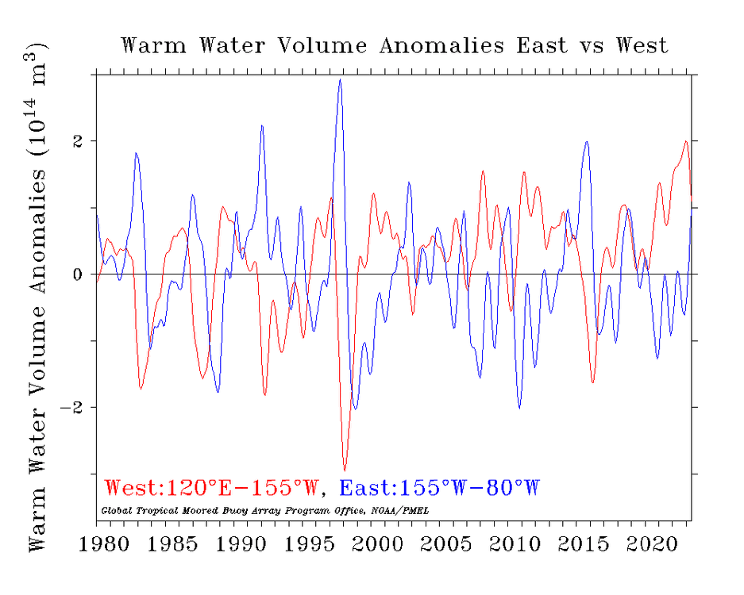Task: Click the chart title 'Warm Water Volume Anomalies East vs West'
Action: [x=395, y=45]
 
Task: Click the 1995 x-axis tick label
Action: [x=304, y=547]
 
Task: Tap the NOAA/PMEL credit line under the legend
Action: [x=266, y=510]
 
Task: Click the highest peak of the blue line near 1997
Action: [x=340, y=79]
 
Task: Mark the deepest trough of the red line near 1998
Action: [x=345, y=470]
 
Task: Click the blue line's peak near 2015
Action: [x=587, y=143]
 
